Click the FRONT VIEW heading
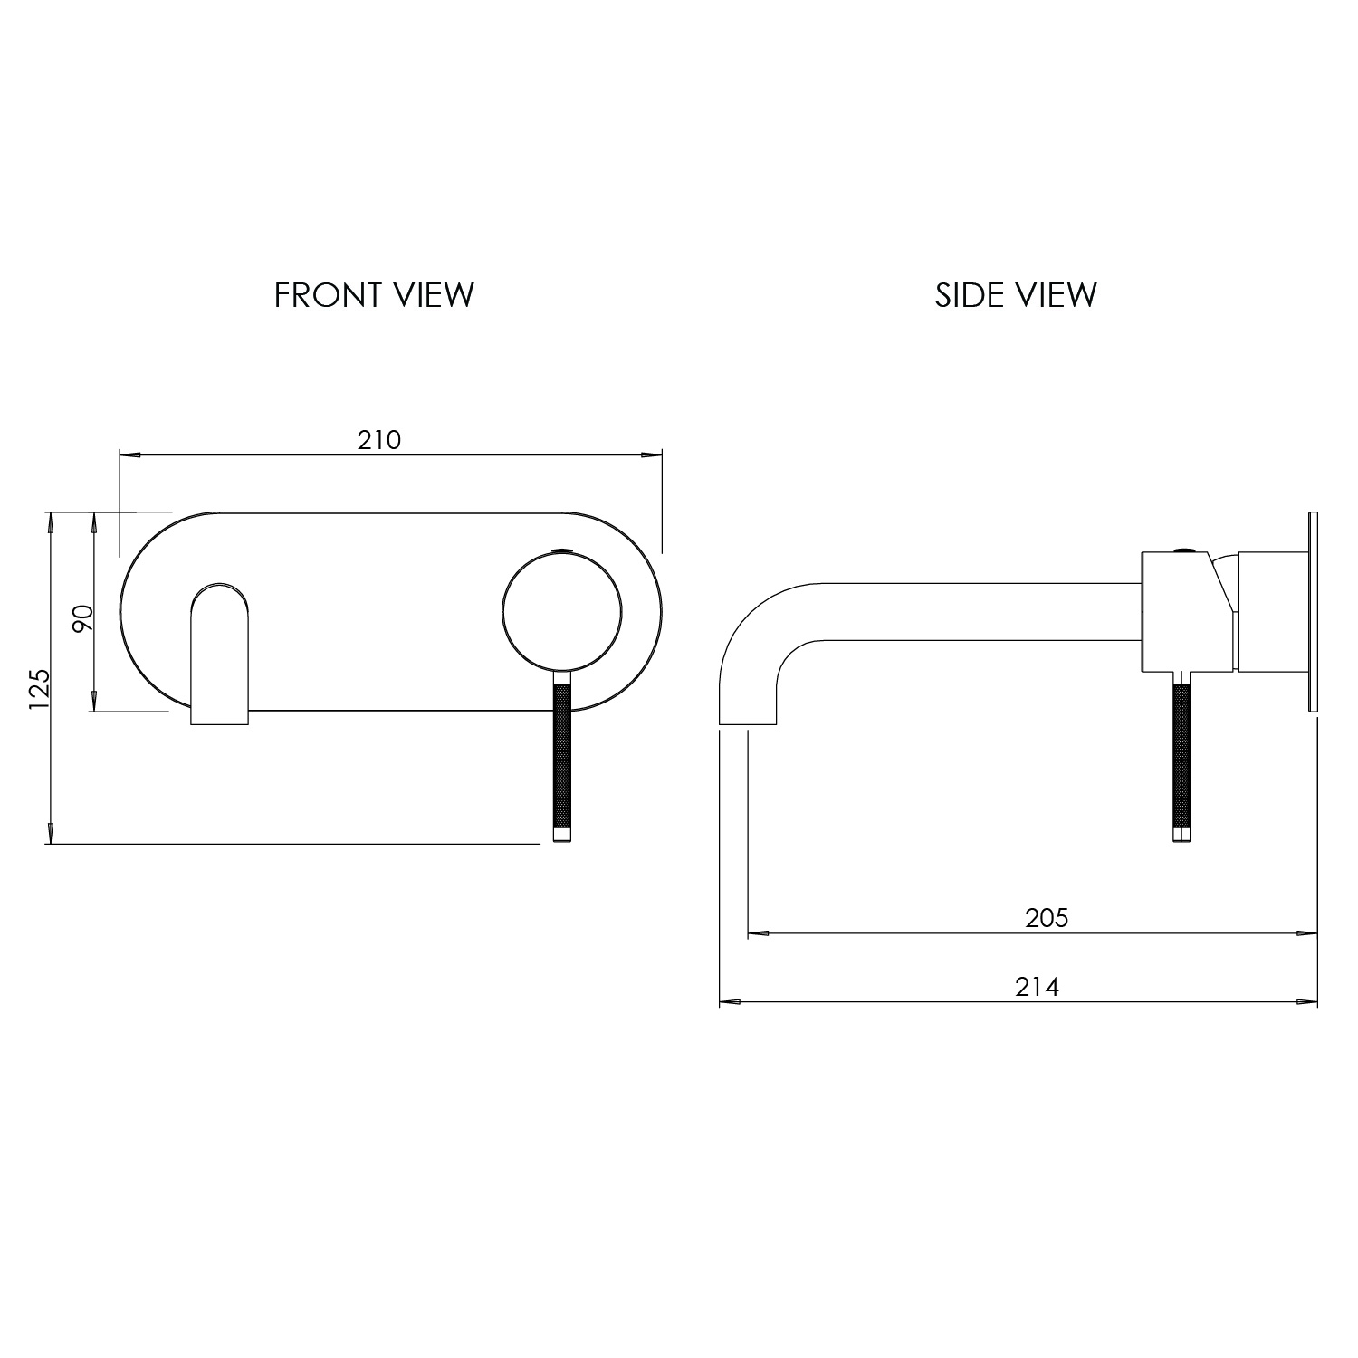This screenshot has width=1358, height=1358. click(x=374, y=295)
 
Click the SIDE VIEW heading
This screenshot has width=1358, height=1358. click(x=1016, y=295)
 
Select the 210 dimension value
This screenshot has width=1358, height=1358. click(x=378, y=440)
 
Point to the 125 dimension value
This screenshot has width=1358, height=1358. click(x=39, y=689)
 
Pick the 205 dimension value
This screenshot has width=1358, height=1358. click(x=1047, y=918)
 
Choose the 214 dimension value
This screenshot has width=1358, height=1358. click(x=1037, y=987)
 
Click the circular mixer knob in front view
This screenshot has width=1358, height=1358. click(x=561, y=614)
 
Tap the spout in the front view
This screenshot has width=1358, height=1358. click(x=219, y=652)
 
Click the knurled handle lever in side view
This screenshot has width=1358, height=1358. click(x=1180, y=760)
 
